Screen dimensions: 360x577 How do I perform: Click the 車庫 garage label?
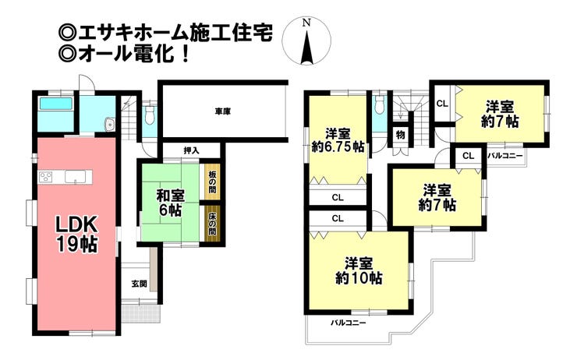coord(222,111)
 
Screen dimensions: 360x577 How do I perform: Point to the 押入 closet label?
coord(191,150)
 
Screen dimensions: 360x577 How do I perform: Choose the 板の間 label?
coord(212,182)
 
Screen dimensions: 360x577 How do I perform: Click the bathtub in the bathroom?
coord(55,103)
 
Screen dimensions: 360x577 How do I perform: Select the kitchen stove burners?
coord(45,175)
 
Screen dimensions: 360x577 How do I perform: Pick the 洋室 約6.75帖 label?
coord(338,138)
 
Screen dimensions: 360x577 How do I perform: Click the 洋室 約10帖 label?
coord(358,270)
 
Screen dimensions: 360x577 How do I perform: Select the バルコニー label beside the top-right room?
coord(504,156)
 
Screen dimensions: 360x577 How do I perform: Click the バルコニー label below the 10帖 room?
coord(348,322)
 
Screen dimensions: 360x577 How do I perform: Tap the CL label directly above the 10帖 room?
coord(337,219)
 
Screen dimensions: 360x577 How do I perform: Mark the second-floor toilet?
coord(379,105)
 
